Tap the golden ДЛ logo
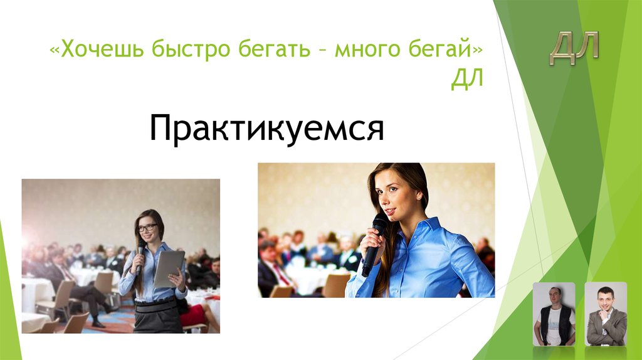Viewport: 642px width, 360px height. [x=574, y=48]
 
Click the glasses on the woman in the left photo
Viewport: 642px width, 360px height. [x=148, y=228]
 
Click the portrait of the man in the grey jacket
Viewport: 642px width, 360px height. [x=606, y=314]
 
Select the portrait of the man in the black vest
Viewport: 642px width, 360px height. [x=554, y=314]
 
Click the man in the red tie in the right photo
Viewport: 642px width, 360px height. [x=274, y=267]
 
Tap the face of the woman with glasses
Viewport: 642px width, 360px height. [x=148, y=229]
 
